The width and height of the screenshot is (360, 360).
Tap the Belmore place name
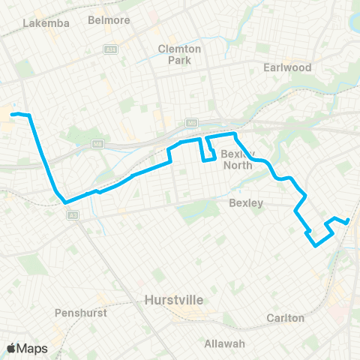point(104,19)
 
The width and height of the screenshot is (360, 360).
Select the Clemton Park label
point(179,53)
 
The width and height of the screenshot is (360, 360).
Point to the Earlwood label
point(287,67)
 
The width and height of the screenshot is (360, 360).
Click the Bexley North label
point(239,159)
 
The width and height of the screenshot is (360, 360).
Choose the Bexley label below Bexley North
point(245,202)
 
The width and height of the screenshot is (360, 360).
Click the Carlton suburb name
point(286,317)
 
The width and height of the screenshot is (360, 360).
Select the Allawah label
point(225,343)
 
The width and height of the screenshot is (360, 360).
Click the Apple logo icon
point(11,348)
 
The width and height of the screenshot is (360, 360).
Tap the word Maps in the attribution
point(33,348)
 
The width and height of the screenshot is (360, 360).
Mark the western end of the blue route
point(13,114)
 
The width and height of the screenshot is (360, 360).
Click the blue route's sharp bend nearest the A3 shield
point(65,202)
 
